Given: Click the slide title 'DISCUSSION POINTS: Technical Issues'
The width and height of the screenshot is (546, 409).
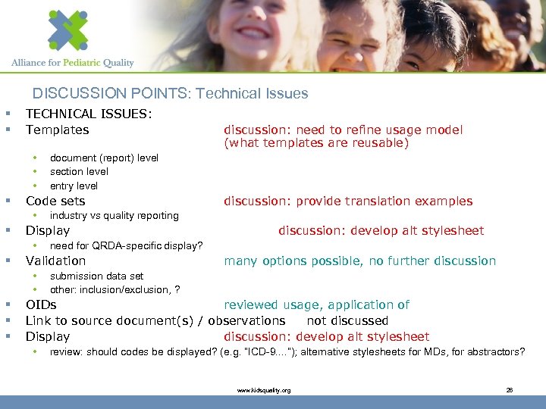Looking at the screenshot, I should pyautogui.click(x=170, y=94).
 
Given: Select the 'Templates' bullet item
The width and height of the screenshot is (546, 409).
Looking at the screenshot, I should pyautogui.click(x=57, y=130).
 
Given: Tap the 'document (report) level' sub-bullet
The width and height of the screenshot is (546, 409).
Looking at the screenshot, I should pyautogui.click(x=104, y=158).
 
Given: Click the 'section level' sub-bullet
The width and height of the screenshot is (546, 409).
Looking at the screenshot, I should pyautogui.click(x=79, y=171).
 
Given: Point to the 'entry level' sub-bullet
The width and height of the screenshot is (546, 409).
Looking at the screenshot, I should pyautogui.click(x=74, y=186).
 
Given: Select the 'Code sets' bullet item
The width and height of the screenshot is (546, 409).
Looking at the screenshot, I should pyautogui.click(x=55, y=201).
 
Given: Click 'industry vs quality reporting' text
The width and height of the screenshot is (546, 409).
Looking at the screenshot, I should pyautogui.click(x=114, y=216).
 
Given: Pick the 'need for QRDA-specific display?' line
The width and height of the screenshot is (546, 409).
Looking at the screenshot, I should pyautogui.click(x=126, y=245).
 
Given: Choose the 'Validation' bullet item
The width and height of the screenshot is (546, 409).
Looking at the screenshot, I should pyautogui.click(x=55, y=261).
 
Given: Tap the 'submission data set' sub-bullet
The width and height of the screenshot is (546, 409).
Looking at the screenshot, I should pyautogui.click(x=96, y=276).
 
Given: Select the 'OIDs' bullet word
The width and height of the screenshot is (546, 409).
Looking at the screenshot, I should pyautogui.click(x=41, y=304).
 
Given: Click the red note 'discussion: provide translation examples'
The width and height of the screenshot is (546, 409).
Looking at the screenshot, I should pyautogui.click(x=347, y=201).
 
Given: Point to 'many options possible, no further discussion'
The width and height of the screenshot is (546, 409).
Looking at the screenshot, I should pyautogui.click(x=359, y=261).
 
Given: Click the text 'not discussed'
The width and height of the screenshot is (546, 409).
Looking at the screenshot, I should pyautogui.click(x=347, y=320).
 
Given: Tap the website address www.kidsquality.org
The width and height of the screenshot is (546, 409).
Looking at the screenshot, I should pyautogui.click(x=263, y=390).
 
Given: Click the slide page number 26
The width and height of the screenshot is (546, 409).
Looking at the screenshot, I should pyautogui.click(x=510, y=390).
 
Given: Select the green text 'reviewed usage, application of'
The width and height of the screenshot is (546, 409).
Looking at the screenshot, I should pyautogui.click(x=316, y=304).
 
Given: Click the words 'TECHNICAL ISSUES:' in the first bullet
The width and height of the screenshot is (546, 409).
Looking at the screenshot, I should pyautogui.click(x=89, y=114).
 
